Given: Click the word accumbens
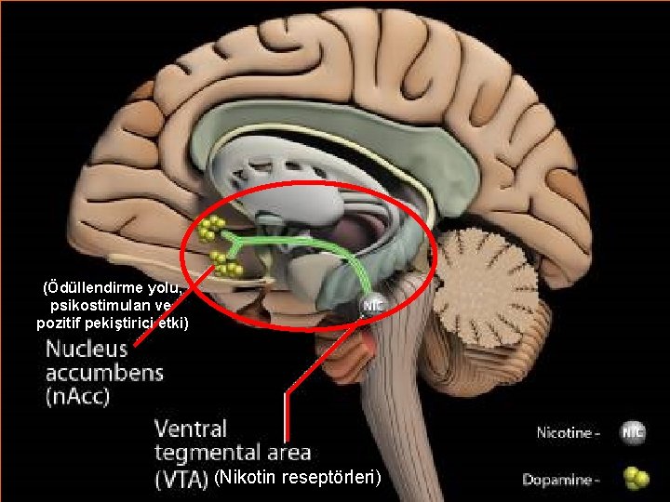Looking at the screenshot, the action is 104,375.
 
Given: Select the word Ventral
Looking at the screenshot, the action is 191,429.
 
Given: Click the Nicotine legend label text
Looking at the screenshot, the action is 567,432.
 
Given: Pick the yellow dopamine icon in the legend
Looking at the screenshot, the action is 636,478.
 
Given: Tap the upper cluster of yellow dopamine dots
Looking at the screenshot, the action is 211,228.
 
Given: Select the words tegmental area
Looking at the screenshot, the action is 232,454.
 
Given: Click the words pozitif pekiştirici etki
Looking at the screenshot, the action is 112,323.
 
